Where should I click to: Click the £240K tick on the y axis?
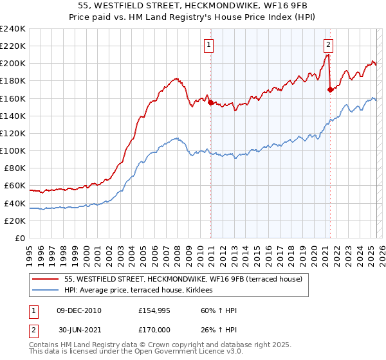click(13, 29)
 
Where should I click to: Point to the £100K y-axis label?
click(13, 150)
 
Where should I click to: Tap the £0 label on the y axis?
click(19, 238)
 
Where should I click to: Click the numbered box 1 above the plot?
click(210, 44)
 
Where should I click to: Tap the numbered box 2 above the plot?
click(329, 44)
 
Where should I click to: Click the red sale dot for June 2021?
click(330, 90)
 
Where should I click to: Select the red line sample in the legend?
click(45, 279)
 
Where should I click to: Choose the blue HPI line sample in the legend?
click(45, 291)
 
